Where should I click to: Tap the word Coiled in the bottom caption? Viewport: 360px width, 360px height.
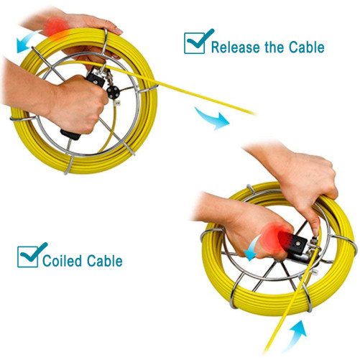63,261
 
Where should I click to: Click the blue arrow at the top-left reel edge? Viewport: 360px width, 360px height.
27,41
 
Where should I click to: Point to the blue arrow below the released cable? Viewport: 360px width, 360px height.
212,119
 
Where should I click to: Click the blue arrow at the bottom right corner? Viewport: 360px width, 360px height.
295,336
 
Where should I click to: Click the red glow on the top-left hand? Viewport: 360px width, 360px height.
55,28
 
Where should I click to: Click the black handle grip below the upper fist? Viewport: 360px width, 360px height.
70,134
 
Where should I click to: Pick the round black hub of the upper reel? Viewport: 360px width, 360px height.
113,92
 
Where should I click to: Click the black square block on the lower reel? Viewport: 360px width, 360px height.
297,245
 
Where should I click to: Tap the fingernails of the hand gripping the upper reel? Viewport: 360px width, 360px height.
116,31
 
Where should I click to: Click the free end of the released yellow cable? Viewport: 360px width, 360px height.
254,114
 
